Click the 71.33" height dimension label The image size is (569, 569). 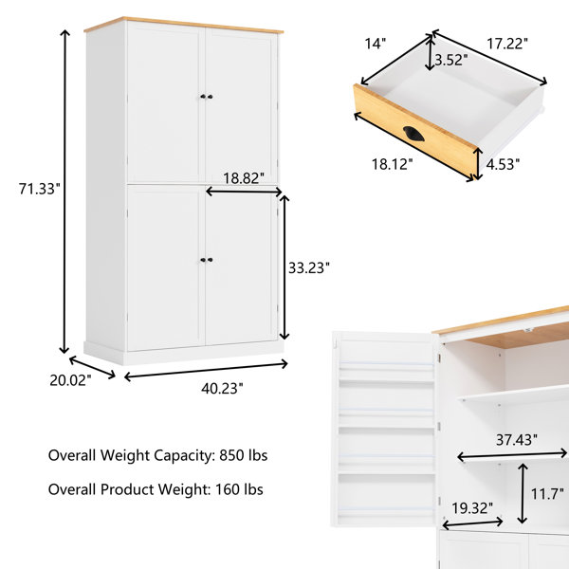pyautogui.click(x=39, y=189)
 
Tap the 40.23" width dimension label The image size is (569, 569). pyautogui.click(x=222, y=389)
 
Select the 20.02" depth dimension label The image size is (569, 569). pyautogui.click(x=70, y=380)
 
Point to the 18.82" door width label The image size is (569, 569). pyautogui.click(x=244, y=178)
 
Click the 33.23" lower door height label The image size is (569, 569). pyautogui.click(x=309, y=267)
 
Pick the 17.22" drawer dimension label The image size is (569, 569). pyautogui.click(x=507, y=44)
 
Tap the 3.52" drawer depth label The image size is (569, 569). pyautogui.click(x=451, y=60)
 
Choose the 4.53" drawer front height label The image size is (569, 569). pyautogui.click(x=503, y=164)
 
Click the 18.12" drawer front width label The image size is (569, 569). pyautogui.click(x=393, y=164)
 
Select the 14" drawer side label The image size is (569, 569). pyautogui.click(x=376, y=44)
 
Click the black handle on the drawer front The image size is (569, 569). pyautogui.click(x=413, y=134)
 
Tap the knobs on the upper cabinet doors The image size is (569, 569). pyautogui.click(x=207, y=97)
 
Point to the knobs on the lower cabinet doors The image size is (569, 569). pyautogui.click(x=207, y=260)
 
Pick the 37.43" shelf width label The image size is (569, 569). pyautogui.click(x=517, y=440)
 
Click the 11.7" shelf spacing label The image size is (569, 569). pyautogui.click(x=547, y=494)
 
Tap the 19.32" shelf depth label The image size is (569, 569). pyautogui.click(x=472, y=508)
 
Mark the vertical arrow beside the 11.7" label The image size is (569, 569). pyautogui.click(x=523, y=493)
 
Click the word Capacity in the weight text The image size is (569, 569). pyautogui.click(x=184, y=456)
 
